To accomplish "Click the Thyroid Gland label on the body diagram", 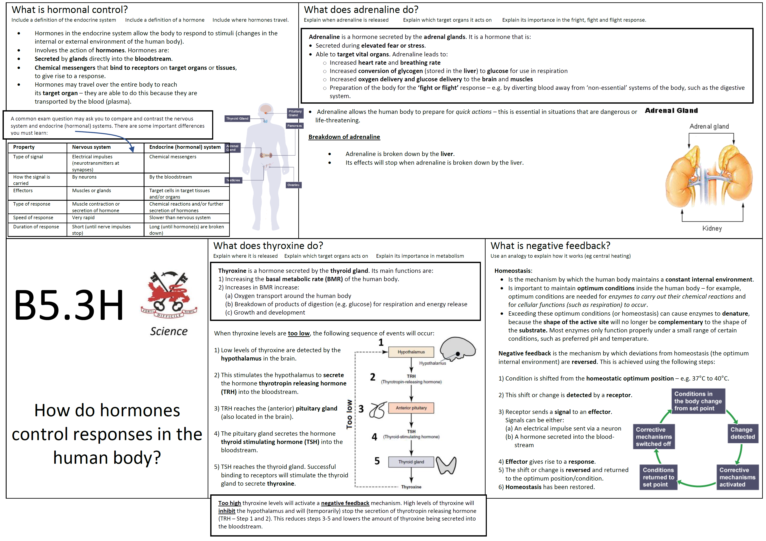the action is [x=237, y=119].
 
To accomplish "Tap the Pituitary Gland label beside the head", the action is [x=295, y=113].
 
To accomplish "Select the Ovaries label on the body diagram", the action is [x=294, y=185].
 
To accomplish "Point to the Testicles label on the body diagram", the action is [x=233, y=180].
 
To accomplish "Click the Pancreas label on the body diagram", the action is [x=294, y=126].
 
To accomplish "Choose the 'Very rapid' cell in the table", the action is [x=83, y=218].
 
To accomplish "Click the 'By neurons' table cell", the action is [x=84, y=177].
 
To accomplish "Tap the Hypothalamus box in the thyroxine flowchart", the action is [x=411, y=352].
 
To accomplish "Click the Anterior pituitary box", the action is [x=411, y=408].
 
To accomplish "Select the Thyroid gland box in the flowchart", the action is [x=411, y=462].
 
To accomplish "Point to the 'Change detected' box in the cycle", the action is [x=742, y=433].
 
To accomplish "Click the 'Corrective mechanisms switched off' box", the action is [x=654, y=437].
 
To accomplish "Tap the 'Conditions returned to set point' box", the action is [x=658, y=477].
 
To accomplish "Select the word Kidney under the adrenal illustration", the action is [x=712, y=229].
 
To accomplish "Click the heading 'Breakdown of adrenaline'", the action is [x=344, y=137].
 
